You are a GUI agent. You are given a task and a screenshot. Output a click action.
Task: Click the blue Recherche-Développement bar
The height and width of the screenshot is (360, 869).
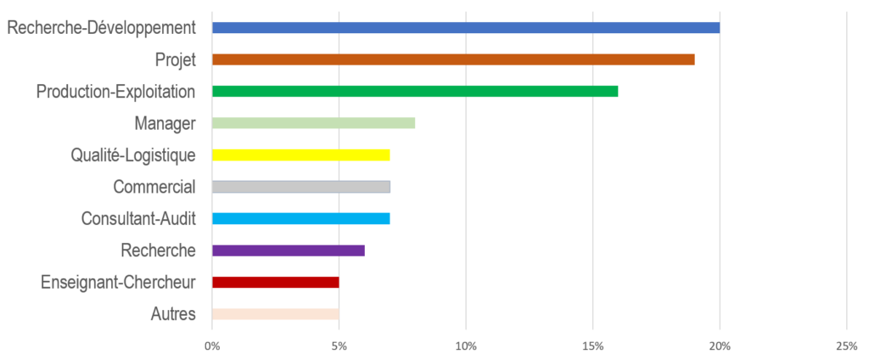click(x=466, y=27)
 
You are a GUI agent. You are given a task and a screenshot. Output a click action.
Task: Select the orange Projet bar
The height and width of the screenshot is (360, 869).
click(x=453, y=59)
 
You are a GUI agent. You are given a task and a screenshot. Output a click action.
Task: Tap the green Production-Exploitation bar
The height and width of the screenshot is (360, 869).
click(x=415, y=91)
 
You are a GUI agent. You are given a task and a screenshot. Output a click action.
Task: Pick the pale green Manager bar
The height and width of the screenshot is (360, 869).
click(x=314, y=123)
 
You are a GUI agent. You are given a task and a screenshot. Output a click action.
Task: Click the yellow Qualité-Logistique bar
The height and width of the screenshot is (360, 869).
click(x=301, y=155)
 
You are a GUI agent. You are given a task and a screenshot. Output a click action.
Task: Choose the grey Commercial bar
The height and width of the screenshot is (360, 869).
click(x=301, y=187)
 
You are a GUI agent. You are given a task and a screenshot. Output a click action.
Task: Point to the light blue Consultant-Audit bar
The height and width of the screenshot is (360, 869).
click(x=301, y=218)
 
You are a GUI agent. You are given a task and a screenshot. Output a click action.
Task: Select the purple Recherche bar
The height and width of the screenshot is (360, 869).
click(x=289, y=250)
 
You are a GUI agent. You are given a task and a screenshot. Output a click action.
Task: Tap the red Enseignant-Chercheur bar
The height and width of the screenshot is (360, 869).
click(x=276, y=282)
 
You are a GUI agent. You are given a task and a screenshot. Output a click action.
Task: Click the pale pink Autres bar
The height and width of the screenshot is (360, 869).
click(x=276, y=314)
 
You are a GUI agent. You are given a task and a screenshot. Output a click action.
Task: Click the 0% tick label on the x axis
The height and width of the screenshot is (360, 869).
click(x=212, y=346)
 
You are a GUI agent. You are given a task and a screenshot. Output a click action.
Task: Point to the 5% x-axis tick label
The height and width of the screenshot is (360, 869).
click(x=339, y=346)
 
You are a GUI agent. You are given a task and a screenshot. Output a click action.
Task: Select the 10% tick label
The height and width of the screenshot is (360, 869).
click(x=466, y=346)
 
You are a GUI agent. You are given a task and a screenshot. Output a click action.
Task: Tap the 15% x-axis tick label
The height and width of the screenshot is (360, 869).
click(x=592, y=346)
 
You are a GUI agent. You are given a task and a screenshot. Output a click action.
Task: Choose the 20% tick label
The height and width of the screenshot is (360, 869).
click(x=720, y=346)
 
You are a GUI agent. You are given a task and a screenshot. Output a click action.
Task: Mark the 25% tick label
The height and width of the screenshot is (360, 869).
click(x=846, y=346)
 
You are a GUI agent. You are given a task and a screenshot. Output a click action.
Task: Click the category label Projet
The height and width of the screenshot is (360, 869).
click(x=176, y=59)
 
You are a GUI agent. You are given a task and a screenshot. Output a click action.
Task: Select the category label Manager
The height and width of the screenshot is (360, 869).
click(x=165, y=123)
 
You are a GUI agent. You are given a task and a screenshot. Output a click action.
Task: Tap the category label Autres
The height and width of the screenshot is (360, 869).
click(x=173, y=314)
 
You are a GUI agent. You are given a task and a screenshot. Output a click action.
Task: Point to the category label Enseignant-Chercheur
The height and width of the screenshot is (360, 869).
click(x=119, y=282)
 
